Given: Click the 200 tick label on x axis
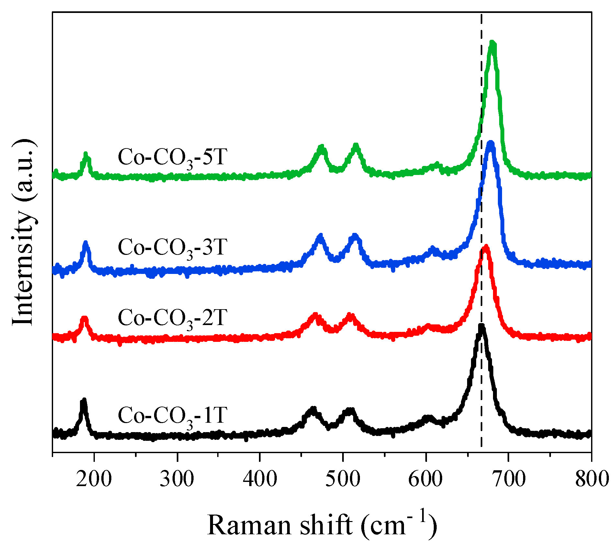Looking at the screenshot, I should pyautogui.click(x=94, y=479).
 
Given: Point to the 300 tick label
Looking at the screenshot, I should pyautogui.click(x=177, y=479).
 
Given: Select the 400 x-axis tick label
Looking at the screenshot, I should pyautogui.click(x=260, y=479).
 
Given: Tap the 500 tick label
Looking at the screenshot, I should pyautogui.click(x=343, y=479).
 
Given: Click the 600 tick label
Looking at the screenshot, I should pyautogui.click(x=425, y=479).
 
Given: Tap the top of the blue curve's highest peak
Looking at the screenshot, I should pyautogui.click(x=491, y=143).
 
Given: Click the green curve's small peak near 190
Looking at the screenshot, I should pyautogui.click(x=86, y=154).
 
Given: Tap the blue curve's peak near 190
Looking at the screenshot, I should pyautogui.click(x=85, y=243).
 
